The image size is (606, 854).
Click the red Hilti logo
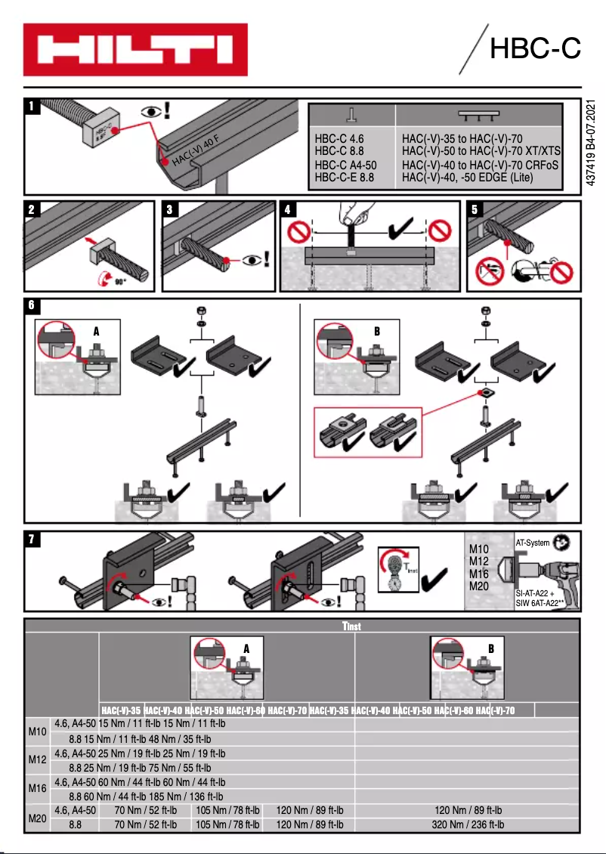coord(135,50)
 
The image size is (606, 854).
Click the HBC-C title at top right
coord(534,48)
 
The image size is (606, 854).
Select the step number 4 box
coord(287,209)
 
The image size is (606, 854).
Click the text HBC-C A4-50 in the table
coord(345,165)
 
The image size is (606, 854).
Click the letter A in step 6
coord(96,331)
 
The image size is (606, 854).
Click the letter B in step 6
coord(376,331)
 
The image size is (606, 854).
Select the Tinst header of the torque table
coord(352,627)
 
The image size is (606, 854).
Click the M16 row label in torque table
coord(37,788)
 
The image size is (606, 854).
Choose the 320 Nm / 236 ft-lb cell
coord(468,825)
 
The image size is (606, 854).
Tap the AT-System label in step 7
coord(531,543)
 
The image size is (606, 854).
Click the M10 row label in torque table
coord(37,731)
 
